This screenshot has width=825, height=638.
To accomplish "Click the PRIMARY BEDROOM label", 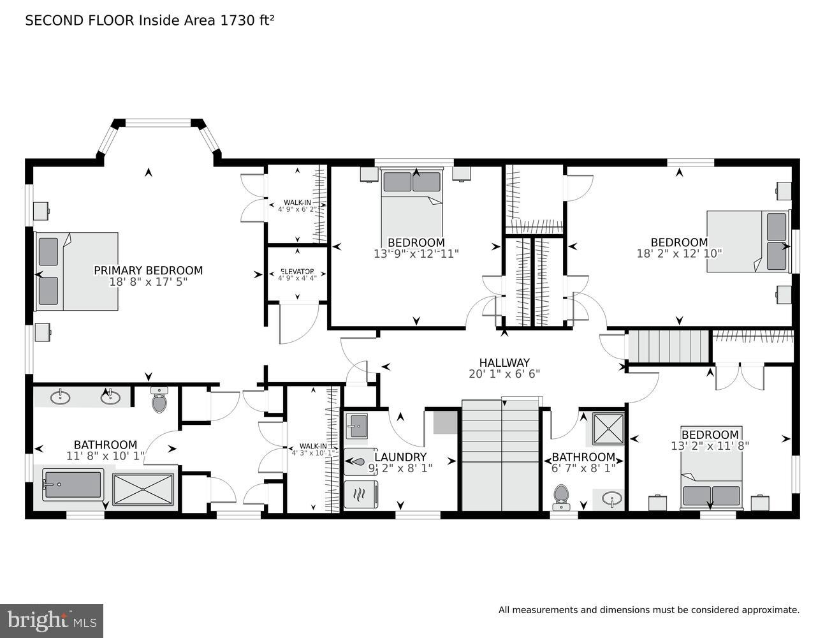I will tap(148, 271).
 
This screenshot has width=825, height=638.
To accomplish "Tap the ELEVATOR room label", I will tap(296, 271).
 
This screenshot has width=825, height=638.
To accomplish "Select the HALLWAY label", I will tap(504, 363).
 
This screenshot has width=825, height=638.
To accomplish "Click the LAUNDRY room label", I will tap(400, 457).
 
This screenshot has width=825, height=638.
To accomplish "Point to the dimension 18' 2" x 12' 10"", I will tap(679, 253).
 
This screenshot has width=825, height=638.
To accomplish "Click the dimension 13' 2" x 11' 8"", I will tap(710, 446).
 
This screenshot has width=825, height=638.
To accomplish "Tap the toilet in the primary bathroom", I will tap(159, 401).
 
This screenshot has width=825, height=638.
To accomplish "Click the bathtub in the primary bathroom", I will tap(72, 485).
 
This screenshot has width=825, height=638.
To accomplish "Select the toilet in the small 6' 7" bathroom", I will tap(561, 496).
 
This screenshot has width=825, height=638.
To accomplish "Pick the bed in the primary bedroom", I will tap(77, 271).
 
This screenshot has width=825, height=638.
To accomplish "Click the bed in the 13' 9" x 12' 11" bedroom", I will tap(412, 204).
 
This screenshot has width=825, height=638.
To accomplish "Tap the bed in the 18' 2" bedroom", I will tap(748, 241).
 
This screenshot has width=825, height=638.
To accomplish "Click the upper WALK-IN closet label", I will tap(297, 203).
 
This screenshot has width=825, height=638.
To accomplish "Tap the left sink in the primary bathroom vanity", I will tap(61, 397).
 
